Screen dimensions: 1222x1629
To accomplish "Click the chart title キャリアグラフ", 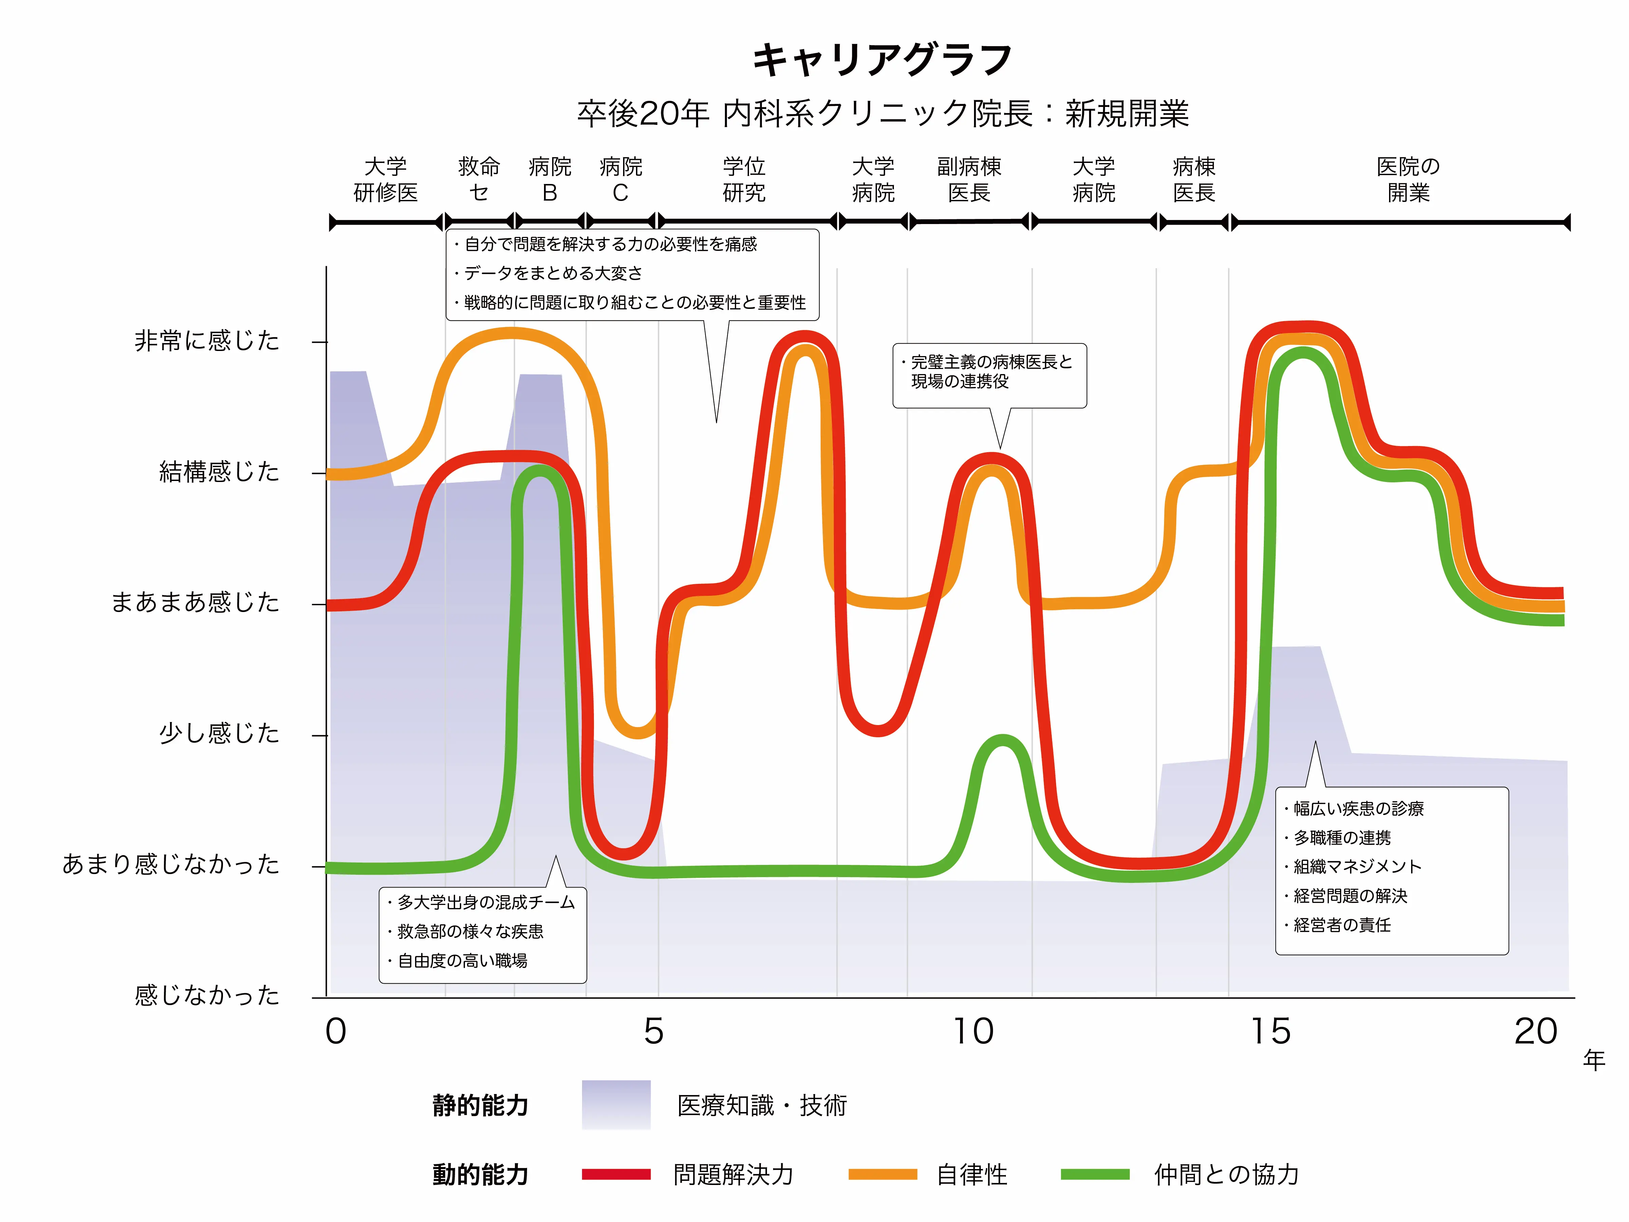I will click(882, 60).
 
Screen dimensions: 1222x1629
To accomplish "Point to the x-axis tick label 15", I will click(1271, 1031).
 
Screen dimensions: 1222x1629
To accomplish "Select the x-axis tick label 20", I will click(1536, 1031).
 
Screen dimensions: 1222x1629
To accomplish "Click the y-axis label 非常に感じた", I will click(207, 341).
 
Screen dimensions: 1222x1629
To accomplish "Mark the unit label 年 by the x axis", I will click(1594, 1061).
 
